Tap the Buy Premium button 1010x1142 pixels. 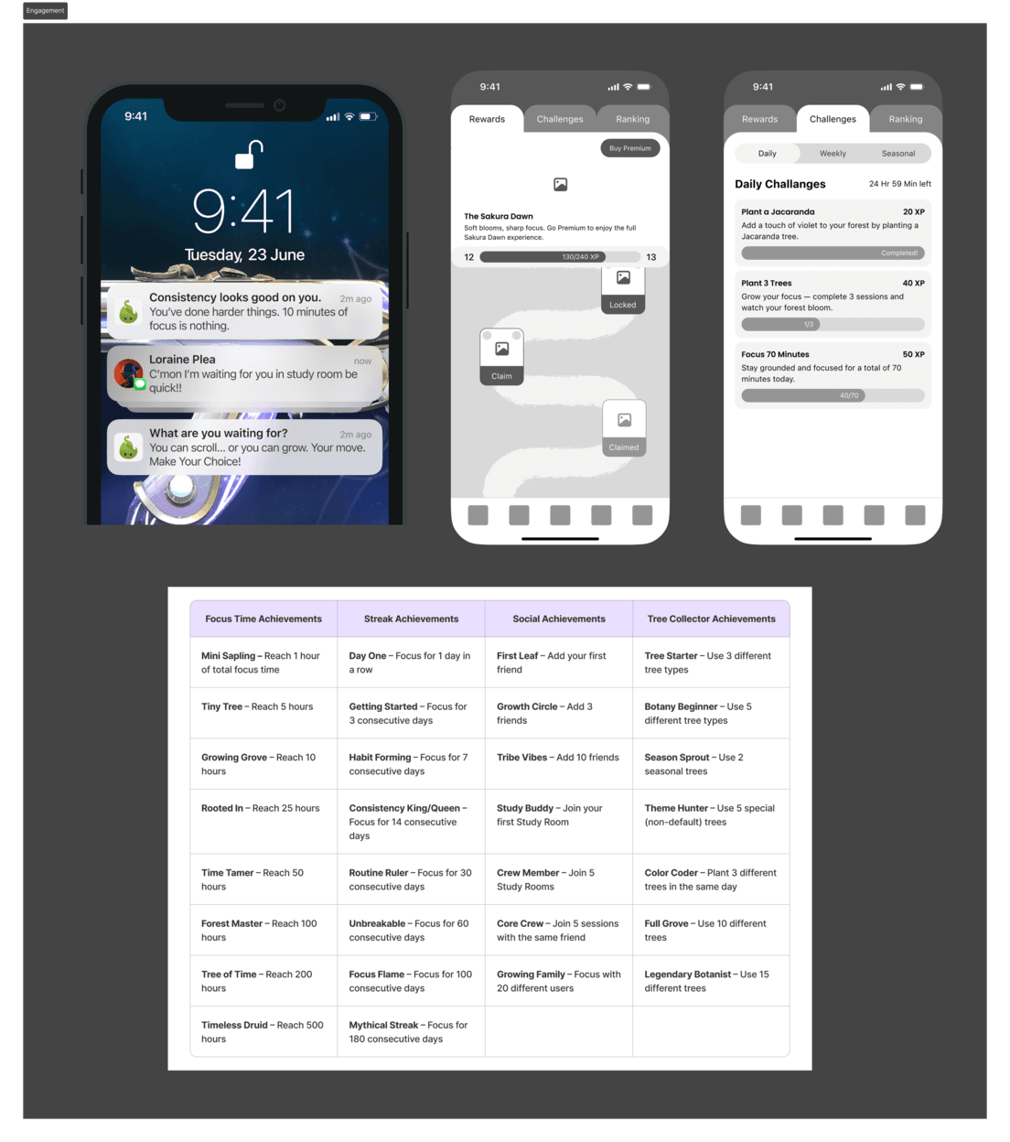tap(629, 148)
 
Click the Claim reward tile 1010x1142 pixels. tap(501, 356)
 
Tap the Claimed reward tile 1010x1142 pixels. tap(624, 428)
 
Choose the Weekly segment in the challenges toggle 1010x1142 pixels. tap(833, 154)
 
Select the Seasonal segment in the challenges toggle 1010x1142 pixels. tap(897, 154)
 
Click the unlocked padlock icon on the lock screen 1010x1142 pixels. tap(249, 155)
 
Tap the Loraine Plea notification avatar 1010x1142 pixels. tap(128, 373)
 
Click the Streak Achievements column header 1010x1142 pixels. tap(411, 619)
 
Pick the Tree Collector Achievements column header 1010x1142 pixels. tap(711, 619)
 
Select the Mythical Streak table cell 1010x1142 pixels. tap(411, 1031)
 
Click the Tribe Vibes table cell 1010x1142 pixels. tap(559, 764)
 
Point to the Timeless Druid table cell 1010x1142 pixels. tap(263, 1031)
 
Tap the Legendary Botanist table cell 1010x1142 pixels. tap(711, 981)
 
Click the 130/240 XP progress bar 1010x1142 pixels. tap(560, 257)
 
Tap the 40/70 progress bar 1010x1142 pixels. tap(833, 395)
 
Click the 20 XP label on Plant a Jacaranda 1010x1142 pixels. tap(913, 212)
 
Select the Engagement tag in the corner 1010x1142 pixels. tap(45, 11)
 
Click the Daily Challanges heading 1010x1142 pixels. tap(780, 184)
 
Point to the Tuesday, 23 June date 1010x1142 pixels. tap(244, 254)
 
